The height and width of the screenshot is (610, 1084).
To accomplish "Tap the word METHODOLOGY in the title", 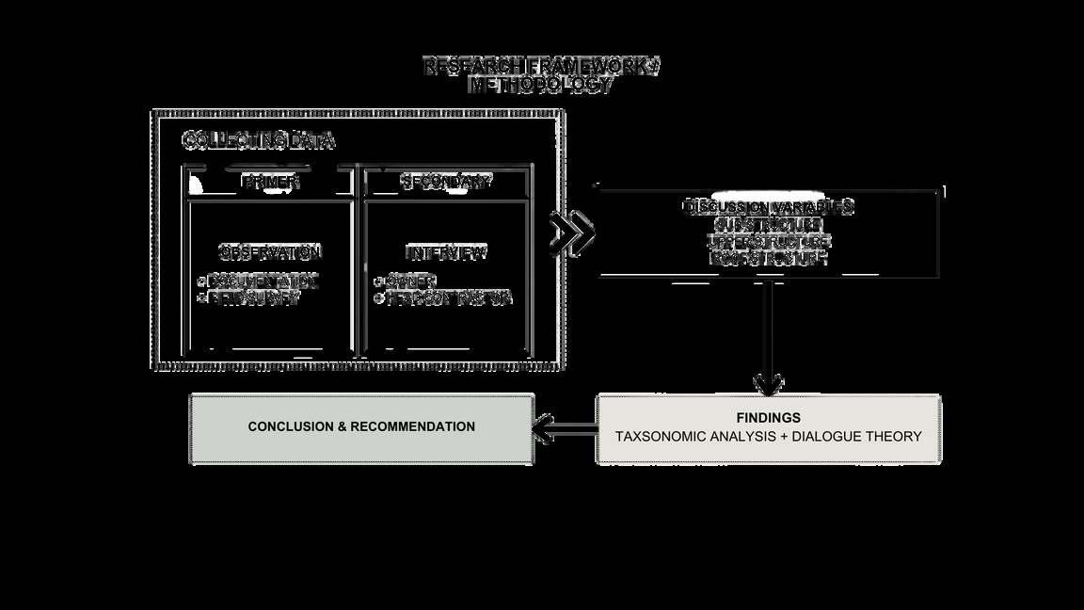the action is coord(541,84).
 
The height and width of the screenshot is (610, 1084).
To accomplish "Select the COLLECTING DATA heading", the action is coord(258,141).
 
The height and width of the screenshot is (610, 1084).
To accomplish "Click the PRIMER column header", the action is coord(271,182).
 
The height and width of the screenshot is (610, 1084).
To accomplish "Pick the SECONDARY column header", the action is coord(446,182).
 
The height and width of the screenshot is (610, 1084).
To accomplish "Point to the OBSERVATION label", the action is coord(270,252).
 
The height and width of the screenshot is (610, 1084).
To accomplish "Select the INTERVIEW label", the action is coord(446,252).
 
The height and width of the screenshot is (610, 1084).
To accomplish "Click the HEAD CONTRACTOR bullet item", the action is coord(447,297).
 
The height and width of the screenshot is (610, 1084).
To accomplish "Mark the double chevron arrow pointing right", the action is coord(572,233).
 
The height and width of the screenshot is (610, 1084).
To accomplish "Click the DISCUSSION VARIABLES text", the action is coord(769,207).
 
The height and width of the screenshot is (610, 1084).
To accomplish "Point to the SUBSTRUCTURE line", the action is coord(769,225).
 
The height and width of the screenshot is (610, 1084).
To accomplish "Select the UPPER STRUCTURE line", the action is coord(769,241).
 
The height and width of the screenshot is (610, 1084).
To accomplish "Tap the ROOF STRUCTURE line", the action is coord(769,257).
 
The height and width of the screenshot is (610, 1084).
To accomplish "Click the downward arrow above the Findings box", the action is coord(769,339).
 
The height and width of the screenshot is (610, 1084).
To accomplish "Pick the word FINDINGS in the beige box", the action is coord(768,417).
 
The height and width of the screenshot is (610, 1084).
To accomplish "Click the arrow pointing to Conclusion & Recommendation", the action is coord(565,429).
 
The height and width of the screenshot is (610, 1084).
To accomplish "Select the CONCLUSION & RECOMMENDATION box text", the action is coord(361,426).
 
